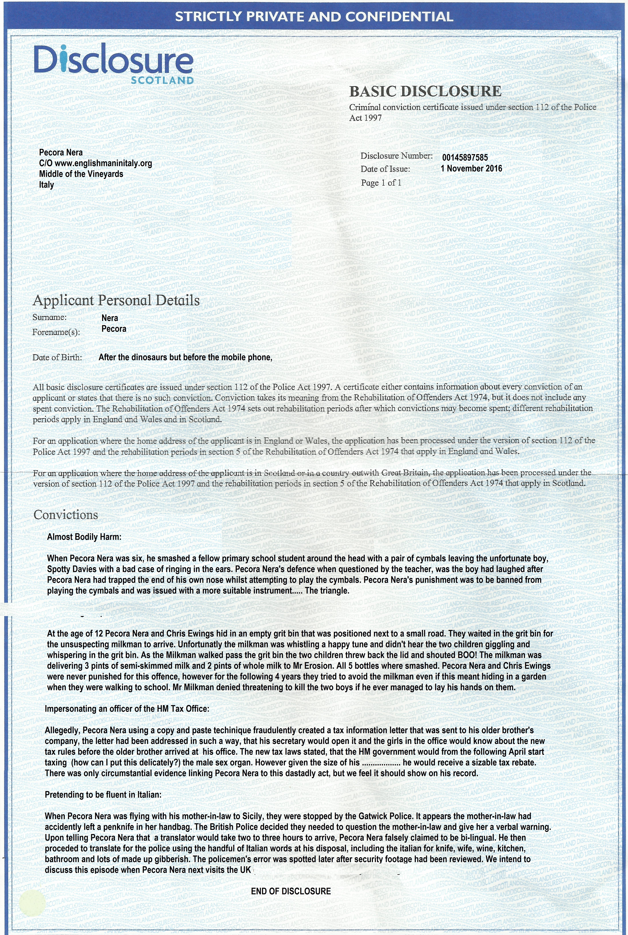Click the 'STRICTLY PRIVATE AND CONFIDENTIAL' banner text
pos(314,17)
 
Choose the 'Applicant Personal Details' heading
pos(116,300)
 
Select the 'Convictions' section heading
pos(66,515)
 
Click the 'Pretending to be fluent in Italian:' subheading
pos(103,794)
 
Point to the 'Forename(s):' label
pos(56,332)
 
